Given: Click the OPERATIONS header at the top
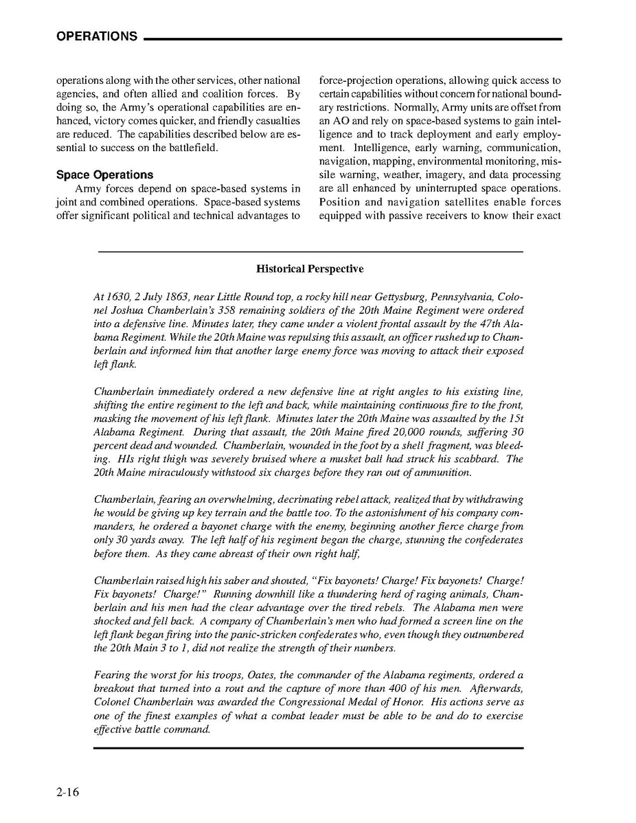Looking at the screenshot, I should click(x=97, y=37).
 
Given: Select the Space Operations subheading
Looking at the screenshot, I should click(x=105, y=174).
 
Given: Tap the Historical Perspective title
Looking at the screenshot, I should click(x=310, y=269).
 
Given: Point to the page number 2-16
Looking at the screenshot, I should click(x=68, y=792).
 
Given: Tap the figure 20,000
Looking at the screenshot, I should click(x=382, y=432).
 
